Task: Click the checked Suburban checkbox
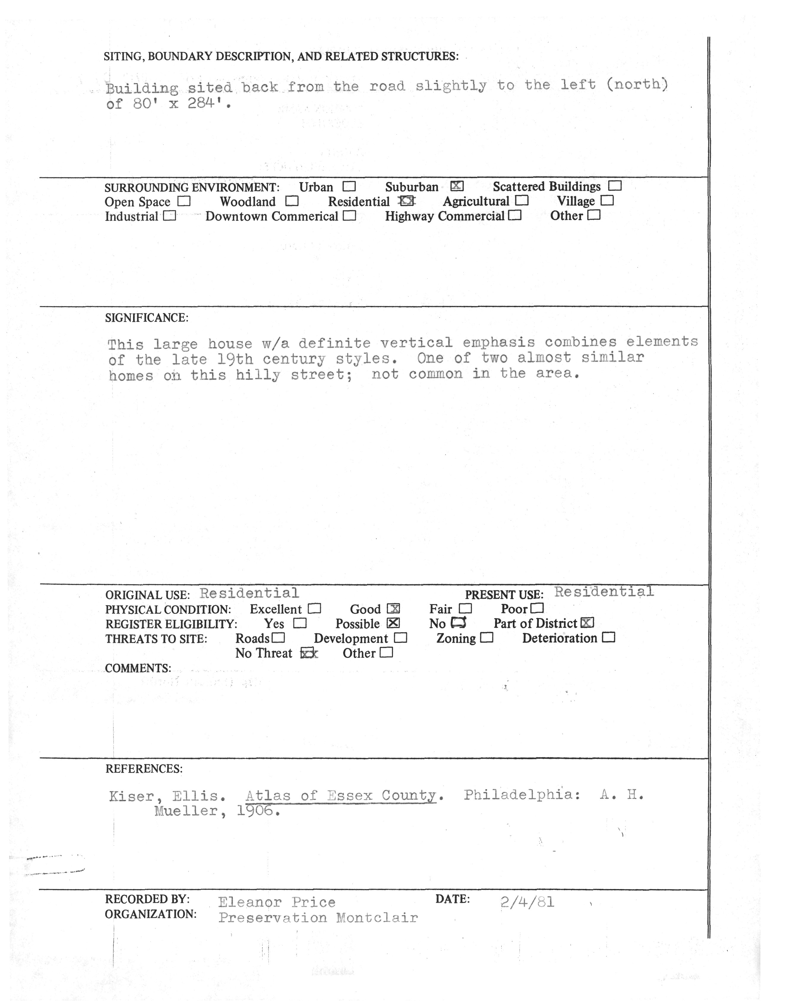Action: [x=457, y=186]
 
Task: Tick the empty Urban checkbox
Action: [x=349, y=187]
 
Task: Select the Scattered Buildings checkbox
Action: [x=615, y=186]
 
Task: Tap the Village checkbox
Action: [x=607, y=201]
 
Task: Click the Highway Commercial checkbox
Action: [x=515, y=215]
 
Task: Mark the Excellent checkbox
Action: [x=315, y=609]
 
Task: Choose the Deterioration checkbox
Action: [x=609, y=637]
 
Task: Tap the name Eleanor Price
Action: [x=277, y=902]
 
